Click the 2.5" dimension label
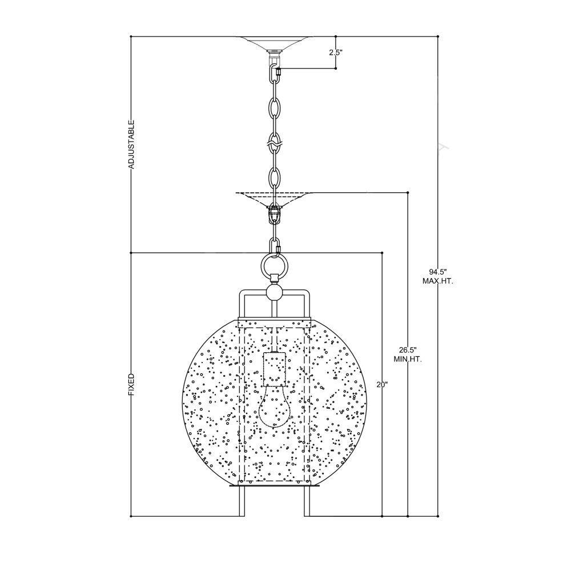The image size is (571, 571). (336, 53)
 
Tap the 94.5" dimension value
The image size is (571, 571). (438, 272)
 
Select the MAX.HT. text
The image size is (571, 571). (438, 282)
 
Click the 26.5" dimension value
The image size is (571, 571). (408, 350)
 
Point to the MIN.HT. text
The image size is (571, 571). (408, 360)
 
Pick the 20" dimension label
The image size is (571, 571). (383, 384)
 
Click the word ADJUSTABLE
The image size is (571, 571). (131, 144)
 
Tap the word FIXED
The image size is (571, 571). (131, 385)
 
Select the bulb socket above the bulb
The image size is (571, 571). (274, 369)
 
